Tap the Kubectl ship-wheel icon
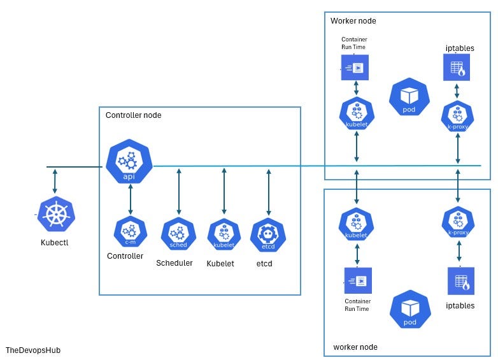pyautogui.click(x=56, y=215)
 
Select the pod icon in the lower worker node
pyautogui.click(x=409, y=309)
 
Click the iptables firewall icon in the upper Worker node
pyautogui.click(x=457, y=68)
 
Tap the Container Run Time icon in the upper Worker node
pyautogui.click(x=355, y=68)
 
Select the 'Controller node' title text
pyautogui.click(x=133, y=115)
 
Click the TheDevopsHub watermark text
pyautogui.click(x=32, y=350)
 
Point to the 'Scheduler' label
pyautogui.click(x=174, y=263)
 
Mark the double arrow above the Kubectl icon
pyautogui.click(x=55, y=181)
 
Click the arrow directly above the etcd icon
pyautogui.click(x=268, y=191)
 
